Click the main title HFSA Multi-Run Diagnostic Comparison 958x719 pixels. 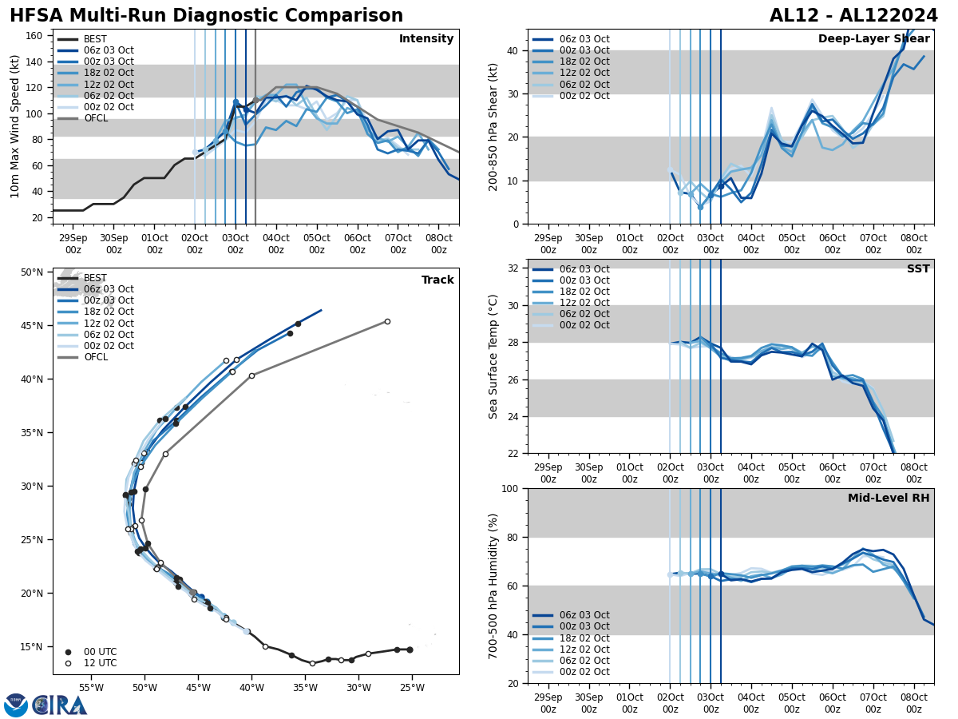pos(206,16)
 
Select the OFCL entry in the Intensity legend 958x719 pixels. pos(96,118)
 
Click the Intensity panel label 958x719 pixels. pos(426,39)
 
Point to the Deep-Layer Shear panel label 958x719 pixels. pos(873,39)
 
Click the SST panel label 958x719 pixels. pos(917,269)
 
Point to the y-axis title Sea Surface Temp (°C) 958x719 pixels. pos(494,356)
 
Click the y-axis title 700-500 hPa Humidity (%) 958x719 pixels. pos(494,586)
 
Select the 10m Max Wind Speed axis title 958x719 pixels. pos(15,126)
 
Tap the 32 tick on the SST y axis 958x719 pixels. pos(514,268)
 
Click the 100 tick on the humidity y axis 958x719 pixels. pos(511,488)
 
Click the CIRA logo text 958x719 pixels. pos(59,705)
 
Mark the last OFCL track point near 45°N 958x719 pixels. pos(387,321)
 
